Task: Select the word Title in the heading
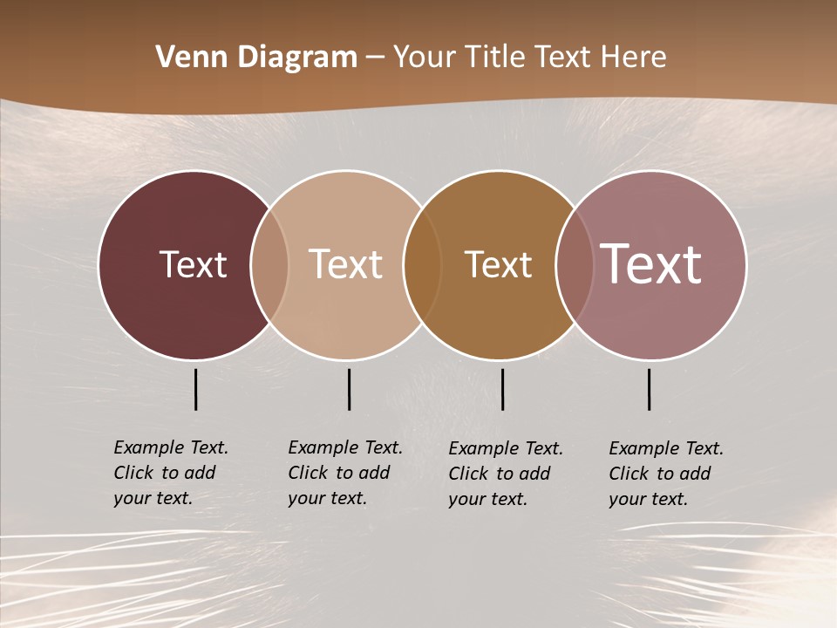[x=495, y=58]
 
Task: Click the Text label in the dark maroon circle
[x=193, y=264]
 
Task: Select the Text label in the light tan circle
[x=346, y=264]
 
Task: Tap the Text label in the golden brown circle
[x=499, y=264]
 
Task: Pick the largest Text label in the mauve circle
[x=651, y=263]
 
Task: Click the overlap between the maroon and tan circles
[x=269, y=264]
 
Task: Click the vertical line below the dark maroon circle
[x=196, y=389]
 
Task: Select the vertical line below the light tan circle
[x=349, y=389]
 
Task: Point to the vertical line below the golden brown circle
[x=503, y=389]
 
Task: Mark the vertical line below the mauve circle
[x=650, y=389]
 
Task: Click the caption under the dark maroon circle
[x=171, y=473]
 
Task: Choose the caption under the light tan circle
[x=345, y=473]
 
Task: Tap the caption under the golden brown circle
[x=506, y=474]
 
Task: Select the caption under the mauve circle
[x=666, y=474]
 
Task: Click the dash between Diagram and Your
[x=375, y=58]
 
